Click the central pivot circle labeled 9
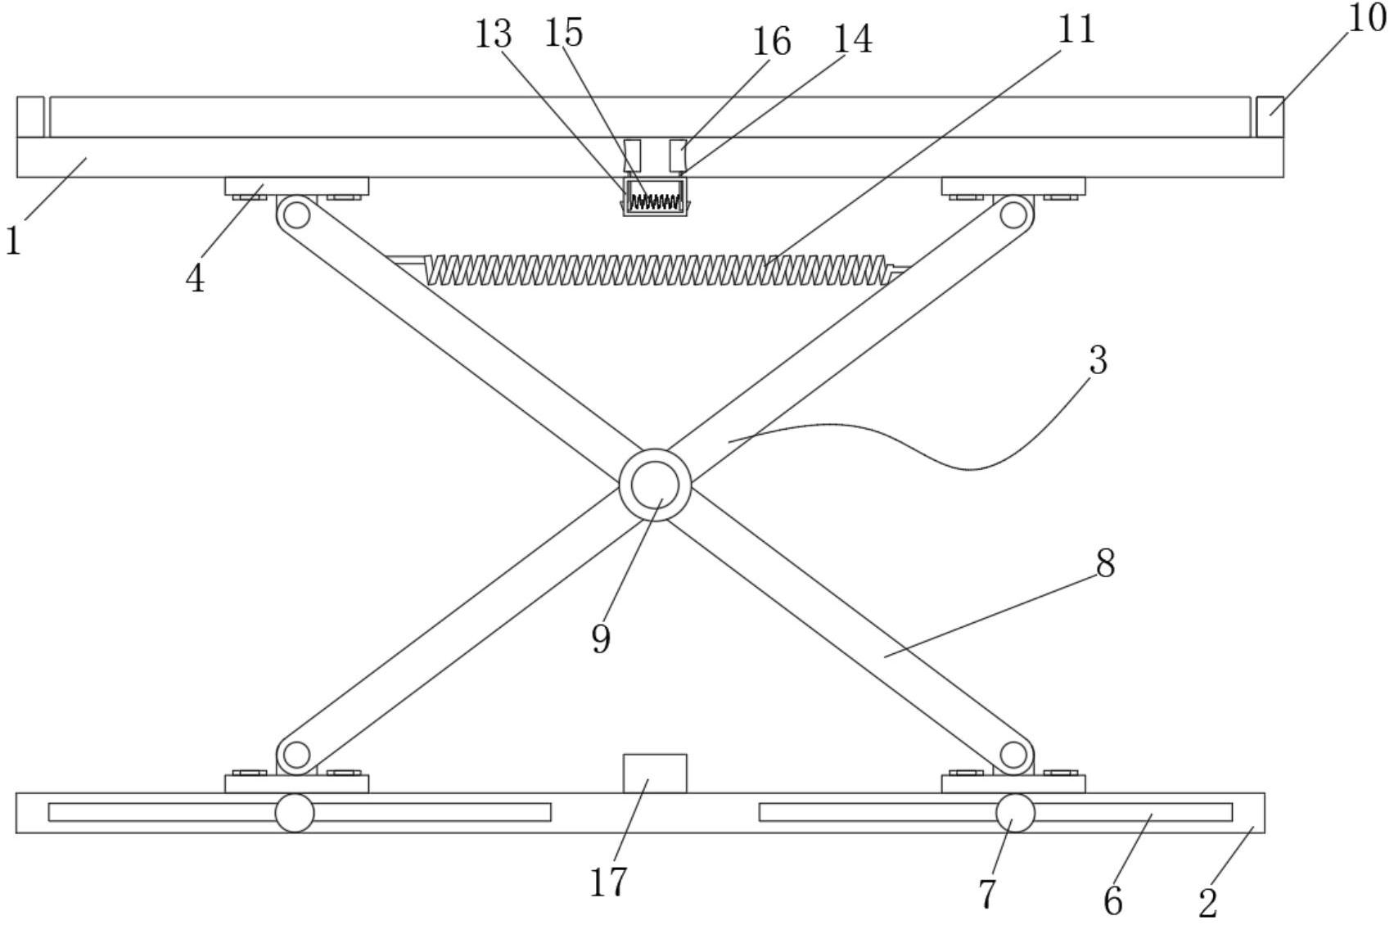pos(655,485)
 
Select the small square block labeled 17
pos(655,774)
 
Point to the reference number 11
pos(1076,30)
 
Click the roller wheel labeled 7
pos(1015,813)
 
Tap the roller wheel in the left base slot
pos(295,813)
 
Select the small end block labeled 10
pos(1270,116)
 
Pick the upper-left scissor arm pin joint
pos(296,215)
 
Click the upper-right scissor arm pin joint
pos(1013,215)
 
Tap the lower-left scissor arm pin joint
pos(295,754)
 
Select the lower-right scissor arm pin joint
pos(1013,754)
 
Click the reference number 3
pos(1098,361)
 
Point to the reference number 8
pos(1105,564)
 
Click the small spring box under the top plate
pos(655,197)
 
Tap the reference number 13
pos(494,35)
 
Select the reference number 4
pos(195,279)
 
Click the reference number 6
pos(1112,902)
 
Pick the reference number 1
pos(13,241)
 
